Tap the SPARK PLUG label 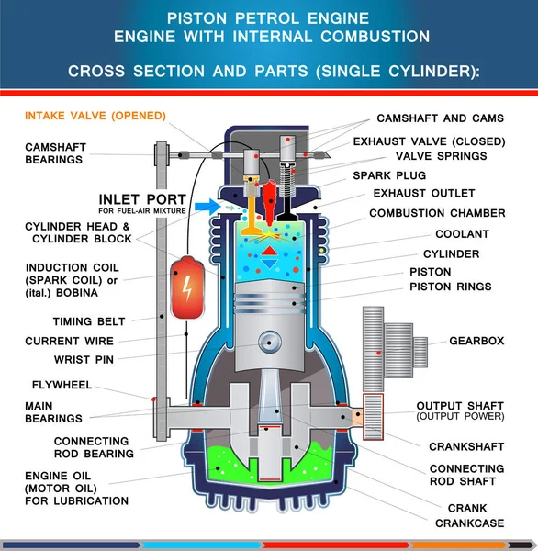(x=389, y=175)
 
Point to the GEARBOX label (x=476, y=341)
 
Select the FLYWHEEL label (x=62, y=385)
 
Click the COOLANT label (x=462, y=234)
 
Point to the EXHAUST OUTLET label (x=424, y=194)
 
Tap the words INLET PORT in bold (x=142, y=199)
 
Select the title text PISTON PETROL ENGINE (x=269, y=17)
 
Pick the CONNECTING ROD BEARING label (x=94, y=447)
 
